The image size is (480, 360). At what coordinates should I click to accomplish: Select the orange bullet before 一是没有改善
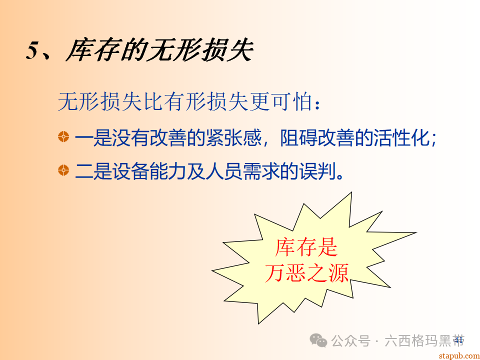coord(63,137)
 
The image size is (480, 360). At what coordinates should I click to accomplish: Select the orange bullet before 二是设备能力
coord(63,170)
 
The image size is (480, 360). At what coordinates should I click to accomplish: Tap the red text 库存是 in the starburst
coord(306,247)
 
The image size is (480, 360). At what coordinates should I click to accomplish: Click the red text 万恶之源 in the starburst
coord(306,272)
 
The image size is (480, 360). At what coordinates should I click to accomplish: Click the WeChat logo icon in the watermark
coord(318,341)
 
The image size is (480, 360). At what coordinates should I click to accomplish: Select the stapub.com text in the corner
coord(457,355)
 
